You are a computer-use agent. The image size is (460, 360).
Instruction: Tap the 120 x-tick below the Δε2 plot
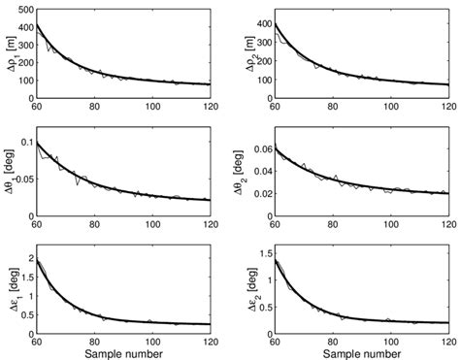pos(443,335)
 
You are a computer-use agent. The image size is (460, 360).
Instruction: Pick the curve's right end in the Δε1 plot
pos(213,324)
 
